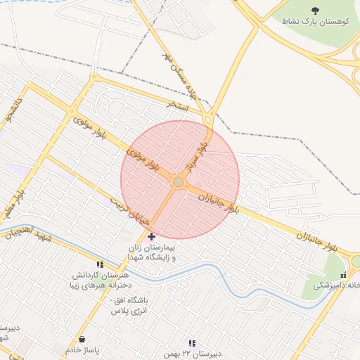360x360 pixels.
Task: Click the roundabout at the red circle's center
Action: point(179,182)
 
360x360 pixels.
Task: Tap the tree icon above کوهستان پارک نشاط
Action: point(314,10)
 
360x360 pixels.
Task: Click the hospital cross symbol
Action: point(152,236)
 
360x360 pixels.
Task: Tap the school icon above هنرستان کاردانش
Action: point(100,265)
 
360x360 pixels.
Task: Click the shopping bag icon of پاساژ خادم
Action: point(82,339)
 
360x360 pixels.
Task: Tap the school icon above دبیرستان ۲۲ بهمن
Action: point(192,343)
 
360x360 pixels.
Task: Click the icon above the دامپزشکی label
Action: point(343,275)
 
